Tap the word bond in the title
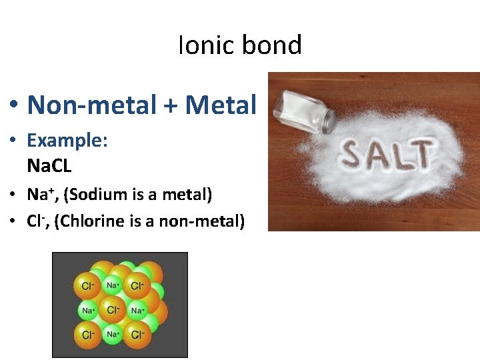pyautogui.click(x=272, y=45)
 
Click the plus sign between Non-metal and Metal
pyautogui.click(x=175, y=106)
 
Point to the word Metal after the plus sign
pyautogui.click(x=221, y=105)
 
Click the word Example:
pyautogui.click(x=67, y=141)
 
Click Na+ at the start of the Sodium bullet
pyautogui.click(x=38, y=195)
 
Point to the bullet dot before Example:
pyautogui.click(x=14, y=141)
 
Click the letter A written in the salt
pyautogui.click(x=382, y=155)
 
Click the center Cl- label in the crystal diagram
pyautogui.click(x=113, y=310)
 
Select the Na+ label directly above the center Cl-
pyautogui.click(x=113, y=285)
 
